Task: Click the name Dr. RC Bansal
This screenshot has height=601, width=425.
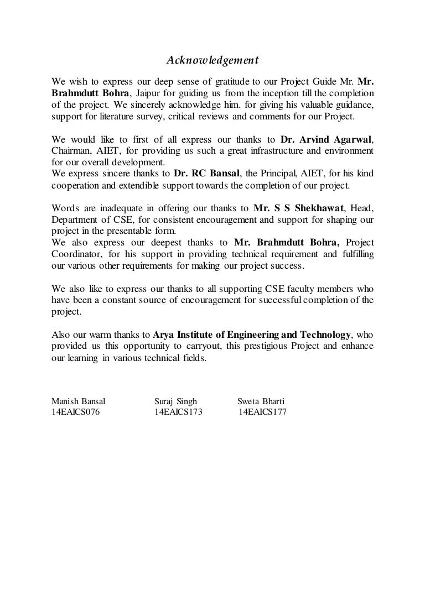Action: coord(210,174)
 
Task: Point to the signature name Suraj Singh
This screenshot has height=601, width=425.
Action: coord(176,401)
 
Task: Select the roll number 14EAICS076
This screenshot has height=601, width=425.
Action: coord(75,412)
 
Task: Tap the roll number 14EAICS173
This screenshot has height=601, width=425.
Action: coord(178,412)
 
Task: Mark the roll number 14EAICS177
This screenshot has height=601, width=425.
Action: coord(262,412)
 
